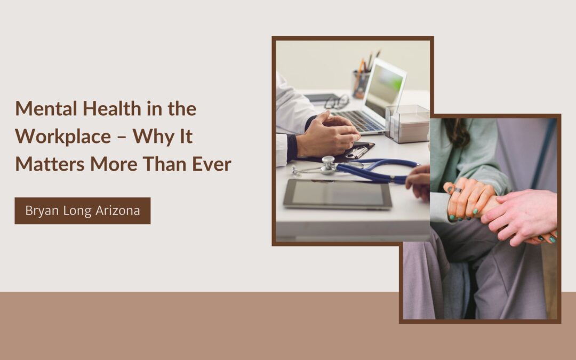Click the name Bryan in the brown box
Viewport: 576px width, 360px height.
tap(41, 211)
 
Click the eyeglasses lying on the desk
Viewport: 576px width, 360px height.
tap(337, 102)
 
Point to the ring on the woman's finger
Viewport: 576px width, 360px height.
tap(457, 190)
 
